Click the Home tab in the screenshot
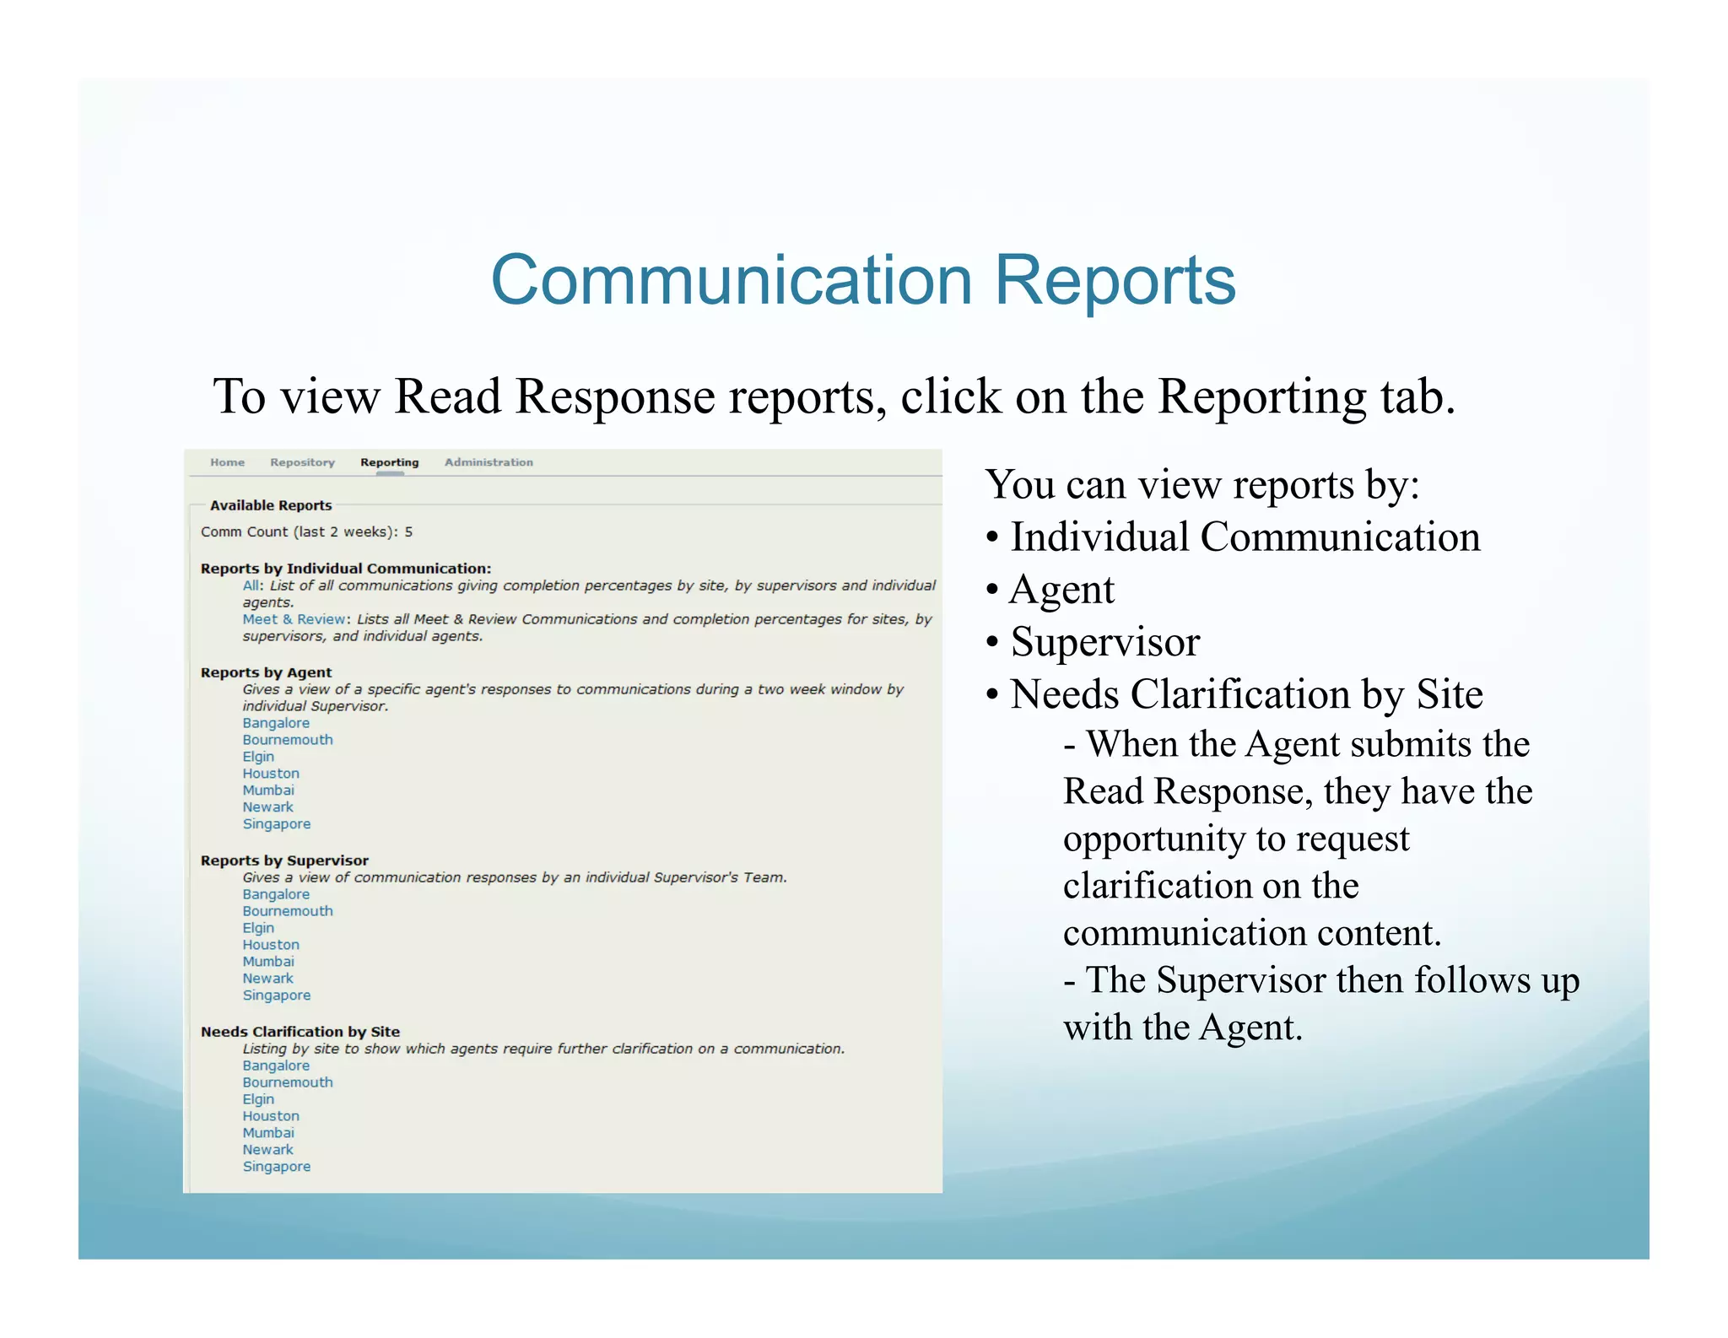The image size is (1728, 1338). coord(227,462)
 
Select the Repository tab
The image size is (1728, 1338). coord(302,462)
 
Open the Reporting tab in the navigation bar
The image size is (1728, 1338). coord(389,462)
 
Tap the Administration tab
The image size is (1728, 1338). coord(489,462)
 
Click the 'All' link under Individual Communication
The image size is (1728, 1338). coord(252,585)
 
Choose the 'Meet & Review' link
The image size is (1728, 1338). coord(294,619)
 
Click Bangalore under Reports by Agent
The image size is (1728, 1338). coord(276,723)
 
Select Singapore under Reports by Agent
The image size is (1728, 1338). coord(277,824)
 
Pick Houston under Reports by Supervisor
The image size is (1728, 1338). coord(271,945)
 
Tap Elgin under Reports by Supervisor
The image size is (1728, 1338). coord(258,928)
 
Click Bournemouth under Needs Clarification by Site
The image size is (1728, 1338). coord(288,1082)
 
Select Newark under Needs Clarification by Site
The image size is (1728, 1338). coord(268,1150)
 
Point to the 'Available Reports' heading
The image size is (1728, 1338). coord(271,505)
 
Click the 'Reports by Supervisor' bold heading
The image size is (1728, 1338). coord(284,861)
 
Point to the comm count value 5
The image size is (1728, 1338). coord(408,532)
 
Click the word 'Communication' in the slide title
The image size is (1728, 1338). coord(732,280)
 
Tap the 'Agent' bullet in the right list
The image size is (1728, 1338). coord(1061,590)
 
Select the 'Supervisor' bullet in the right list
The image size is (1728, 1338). coord(1104,642)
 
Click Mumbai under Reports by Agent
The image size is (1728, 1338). coord(268,790)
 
